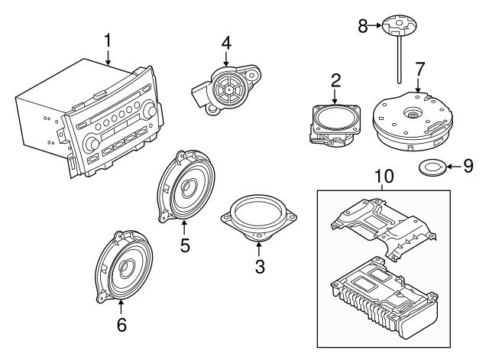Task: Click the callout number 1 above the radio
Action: (108, 41)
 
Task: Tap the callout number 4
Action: (226, 44)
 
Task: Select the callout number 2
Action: (335, 81)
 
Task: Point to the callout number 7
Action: (419, 70)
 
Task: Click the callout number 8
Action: (363, 26)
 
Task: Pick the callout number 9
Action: (468, 167)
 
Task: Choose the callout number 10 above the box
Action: (384, 177)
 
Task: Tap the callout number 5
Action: (185, 245)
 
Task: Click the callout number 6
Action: (121, 325)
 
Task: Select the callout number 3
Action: (260, 267)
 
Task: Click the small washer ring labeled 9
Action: (432, 167)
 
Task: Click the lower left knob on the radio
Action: (92, 142)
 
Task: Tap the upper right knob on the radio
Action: (151, 111)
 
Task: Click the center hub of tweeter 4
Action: (229, 90)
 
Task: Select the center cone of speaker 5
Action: (189, 187)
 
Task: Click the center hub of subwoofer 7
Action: (413, 114)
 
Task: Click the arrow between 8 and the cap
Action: (375, 26)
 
